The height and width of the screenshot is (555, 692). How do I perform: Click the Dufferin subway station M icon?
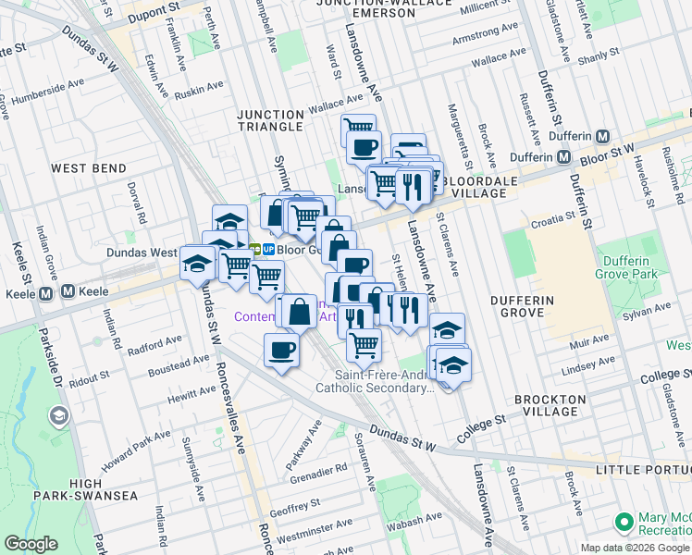pyautogui.click(x=603, y=136)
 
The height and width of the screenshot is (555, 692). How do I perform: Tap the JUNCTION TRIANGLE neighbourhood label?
pyautogui.click(x=270, y=120)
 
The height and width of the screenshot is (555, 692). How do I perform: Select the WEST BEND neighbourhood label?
pyautogui.click(x=88, y=168)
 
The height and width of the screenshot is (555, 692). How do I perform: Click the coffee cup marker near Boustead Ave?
pyautogui.click(x=281, y=351)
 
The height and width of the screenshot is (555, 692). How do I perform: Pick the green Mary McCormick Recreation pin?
pyautogui.click(x=624, y=521)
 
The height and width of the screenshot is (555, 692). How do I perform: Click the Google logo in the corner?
pyautogui.click(x=31, y=544)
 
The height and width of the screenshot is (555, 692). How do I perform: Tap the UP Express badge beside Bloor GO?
pyautogui.click(x=266, y=249)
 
